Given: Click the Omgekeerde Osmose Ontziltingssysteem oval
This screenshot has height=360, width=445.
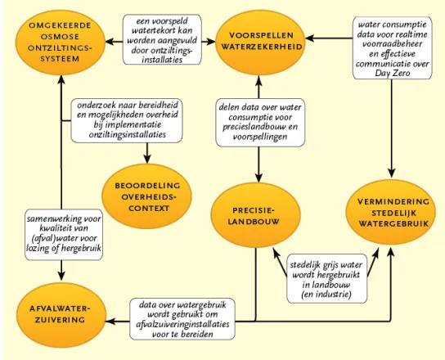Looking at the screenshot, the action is coord(61,43).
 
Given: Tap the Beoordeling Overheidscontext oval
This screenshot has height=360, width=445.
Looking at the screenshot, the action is coord(146,196).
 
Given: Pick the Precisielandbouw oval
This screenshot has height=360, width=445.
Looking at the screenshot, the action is coord(255,215).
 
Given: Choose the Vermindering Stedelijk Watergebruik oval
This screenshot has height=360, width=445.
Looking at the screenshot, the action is coord(391,213).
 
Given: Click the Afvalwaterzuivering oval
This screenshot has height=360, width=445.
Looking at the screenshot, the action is coord(61,315).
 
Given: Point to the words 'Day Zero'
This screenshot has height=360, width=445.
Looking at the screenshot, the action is coord(393,73).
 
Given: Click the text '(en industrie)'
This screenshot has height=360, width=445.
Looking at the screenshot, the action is coord(326,295).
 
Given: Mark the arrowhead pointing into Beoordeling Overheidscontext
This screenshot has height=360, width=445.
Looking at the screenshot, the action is coord(147,159).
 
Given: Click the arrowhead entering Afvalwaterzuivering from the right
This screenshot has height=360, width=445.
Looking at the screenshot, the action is coord(110,322).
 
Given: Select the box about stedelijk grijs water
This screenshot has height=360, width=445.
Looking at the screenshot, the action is coord(326,279).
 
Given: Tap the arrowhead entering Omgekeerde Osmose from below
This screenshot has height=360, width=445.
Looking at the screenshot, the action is coord(61,80).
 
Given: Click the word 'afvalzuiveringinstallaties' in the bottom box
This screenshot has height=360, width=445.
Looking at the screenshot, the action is coord(182,324).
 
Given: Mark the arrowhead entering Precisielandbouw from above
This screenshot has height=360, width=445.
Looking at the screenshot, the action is coord(258,178).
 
